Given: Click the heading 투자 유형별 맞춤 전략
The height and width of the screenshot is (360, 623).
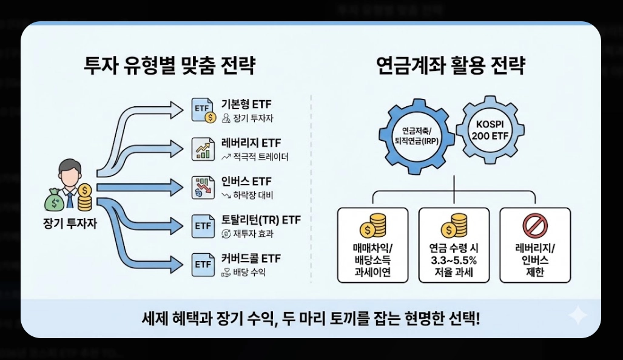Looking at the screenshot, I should coord(170,65).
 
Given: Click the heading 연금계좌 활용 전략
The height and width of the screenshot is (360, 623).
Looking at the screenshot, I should coord(450,65).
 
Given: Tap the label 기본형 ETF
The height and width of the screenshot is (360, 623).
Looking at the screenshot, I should coord(246,104).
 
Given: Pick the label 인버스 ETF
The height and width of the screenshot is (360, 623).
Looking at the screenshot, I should coord(246,182).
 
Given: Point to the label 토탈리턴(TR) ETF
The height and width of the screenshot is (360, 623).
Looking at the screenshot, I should coord(261,220).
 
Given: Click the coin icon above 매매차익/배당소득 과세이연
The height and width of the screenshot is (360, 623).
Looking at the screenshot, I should coord(371,225).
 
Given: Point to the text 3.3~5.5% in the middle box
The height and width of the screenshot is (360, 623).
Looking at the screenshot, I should coord(454,260).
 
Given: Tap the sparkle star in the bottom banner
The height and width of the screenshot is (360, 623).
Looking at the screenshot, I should coord(578,315).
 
